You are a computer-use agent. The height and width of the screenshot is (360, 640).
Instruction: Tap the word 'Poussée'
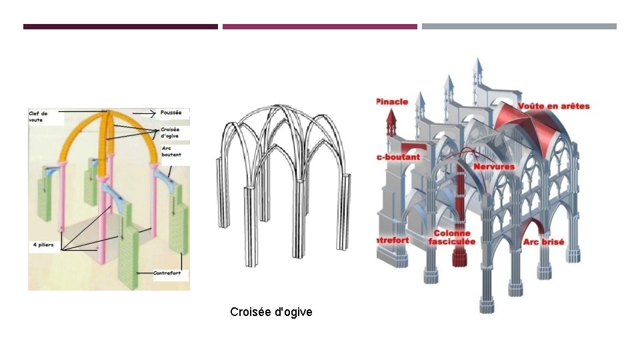pos(171,113)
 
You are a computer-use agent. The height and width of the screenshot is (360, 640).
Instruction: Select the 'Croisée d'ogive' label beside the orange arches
pos(170,132)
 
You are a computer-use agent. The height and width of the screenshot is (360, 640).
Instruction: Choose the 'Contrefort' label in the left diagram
pos(167,273)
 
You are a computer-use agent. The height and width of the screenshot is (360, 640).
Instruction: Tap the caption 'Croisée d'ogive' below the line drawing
pos(271,312)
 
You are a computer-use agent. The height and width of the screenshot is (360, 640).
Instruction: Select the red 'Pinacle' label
pos(393,101)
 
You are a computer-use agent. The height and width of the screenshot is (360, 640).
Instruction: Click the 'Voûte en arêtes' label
pos(553,106)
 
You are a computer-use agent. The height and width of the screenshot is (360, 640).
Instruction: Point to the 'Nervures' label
pos(494,165)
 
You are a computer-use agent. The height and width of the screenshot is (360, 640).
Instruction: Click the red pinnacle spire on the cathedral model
pos(391,125)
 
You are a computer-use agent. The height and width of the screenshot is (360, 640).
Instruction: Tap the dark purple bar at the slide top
pos(121,27)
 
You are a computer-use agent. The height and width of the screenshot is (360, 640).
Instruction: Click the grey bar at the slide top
pos(519,27)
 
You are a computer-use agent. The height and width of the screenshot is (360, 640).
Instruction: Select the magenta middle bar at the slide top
pos(320,27)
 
